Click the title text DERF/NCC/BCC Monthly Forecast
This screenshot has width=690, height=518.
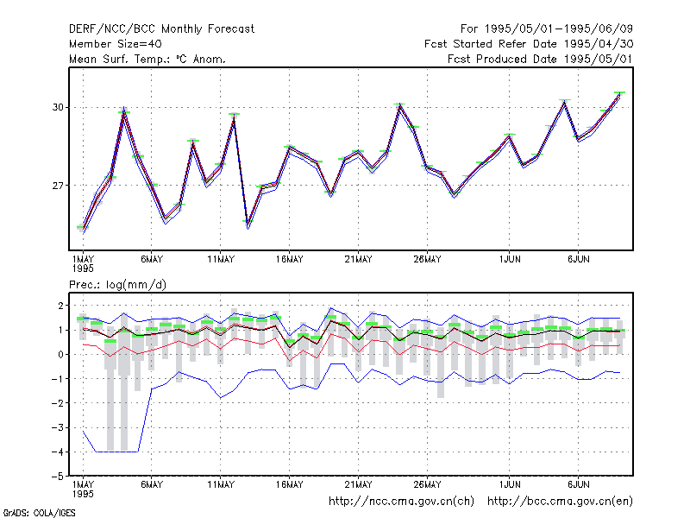[161, 29]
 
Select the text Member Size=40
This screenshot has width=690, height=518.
[116, 44]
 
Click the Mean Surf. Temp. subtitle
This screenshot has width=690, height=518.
[147, 59]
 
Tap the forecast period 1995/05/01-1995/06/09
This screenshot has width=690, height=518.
[547, 29]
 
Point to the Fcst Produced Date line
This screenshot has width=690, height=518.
[540, 59]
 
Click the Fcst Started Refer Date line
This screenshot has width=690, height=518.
[529, 44]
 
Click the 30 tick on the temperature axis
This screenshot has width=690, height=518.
[58, 107]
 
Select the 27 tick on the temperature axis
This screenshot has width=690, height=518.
[58, 186]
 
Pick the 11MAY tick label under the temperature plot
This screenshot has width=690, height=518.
[221, 260]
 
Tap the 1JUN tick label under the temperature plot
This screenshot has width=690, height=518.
[510, 260]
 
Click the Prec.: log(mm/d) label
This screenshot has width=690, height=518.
[117, 285]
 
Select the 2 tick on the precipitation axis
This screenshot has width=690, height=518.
[60, 306]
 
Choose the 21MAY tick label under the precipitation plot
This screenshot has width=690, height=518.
[358, 484]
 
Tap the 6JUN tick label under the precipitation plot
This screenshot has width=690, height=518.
[578, 484]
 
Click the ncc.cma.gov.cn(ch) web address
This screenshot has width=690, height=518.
[401, 502]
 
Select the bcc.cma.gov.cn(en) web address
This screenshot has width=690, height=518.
[560, 502]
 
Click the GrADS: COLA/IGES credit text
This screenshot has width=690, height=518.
[40, 513]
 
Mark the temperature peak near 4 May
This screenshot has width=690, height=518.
[124, 109]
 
